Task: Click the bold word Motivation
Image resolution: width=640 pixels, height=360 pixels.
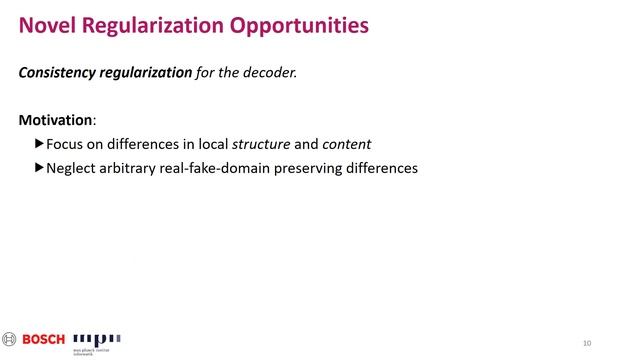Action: pos(55,120)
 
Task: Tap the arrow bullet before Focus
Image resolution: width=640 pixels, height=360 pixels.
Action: pos(40,144)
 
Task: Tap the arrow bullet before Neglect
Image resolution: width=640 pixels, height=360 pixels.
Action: pos(40,168)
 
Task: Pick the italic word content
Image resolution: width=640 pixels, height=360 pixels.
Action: pos(346,144)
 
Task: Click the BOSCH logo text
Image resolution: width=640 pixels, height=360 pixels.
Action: pos(44,339)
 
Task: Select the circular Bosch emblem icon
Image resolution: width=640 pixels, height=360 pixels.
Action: pos(10,339)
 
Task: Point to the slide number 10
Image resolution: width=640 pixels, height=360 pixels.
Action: pos(587,343)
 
